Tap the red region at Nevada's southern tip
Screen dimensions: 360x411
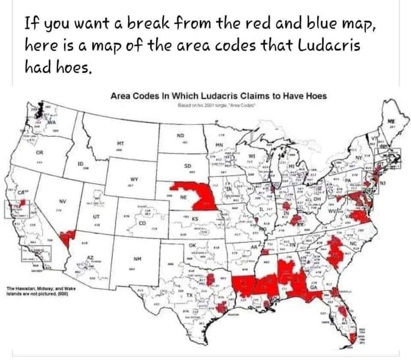(67, 236)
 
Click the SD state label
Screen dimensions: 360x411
(188, 165)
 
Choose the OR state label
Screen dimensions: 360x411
(39, 152)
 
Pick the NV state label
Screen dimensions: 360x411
(62, 201)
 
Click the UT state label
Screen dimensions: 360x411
(97, 217)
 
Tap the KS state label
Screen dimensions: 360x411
(195, 219)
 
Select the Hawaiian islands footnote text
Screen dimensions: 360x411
(39, 292)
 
